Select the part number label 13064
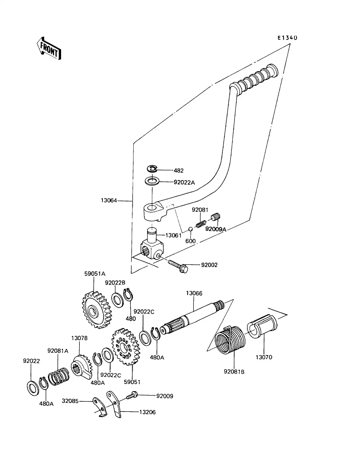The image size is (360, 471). point(109,200)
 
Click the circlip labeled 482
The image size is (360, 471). point(152,169)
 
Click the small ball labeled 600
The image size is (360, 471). point(190,229)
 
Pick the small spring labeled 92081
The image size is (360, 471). point(201,223)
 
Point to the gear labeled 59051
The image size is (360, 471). point(125,347)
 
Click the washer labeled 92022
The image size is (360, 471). point(32,387)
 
